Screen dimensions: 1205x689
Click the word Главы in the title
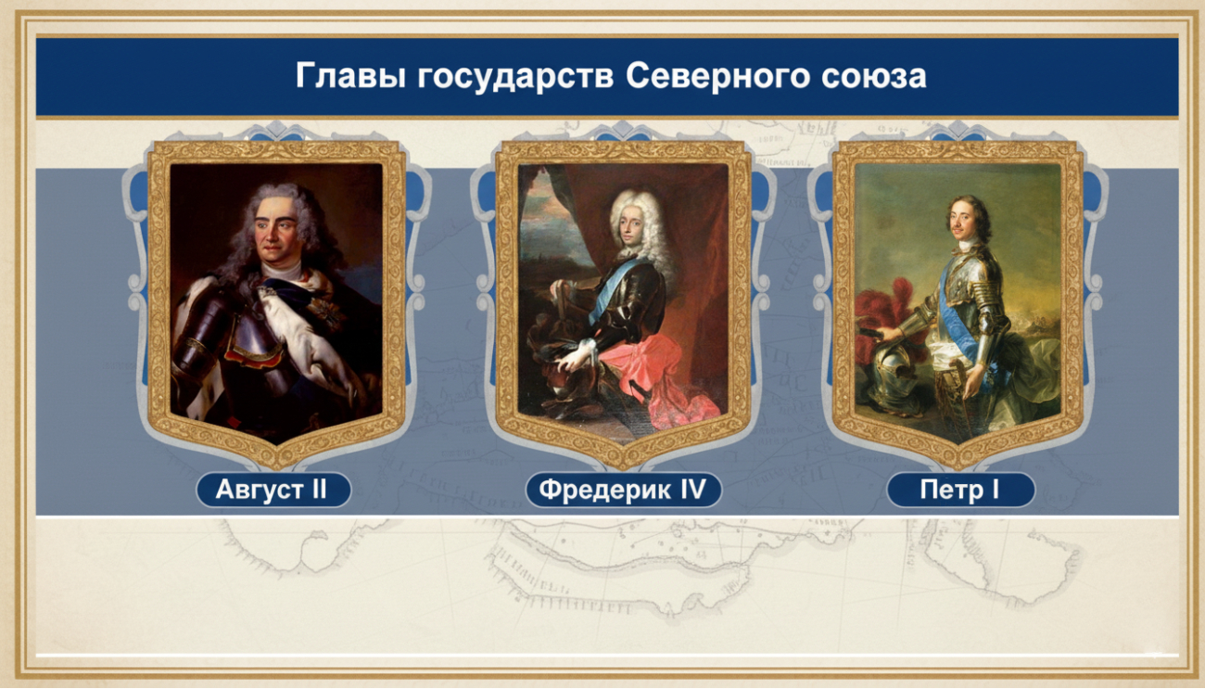pos(350,76)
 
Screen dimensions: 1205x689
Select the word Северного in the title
pos(717,76)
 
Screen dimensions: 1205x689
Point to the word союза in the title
pos(874,77)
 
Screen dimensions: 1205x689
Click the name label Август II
pos(273,490)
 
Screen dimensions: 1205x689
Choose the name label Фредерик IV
pos(623,490)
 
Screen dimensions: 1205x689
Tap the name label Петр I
pos(960,490)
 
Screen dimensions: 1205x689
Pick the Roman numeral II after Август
pos(316,490)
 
